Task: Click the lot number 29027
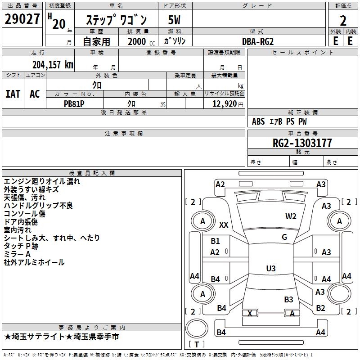(x=22, y=20)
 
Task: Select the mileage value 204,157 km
(x=53, y=64)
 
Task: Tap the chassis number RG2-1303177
(x=302, y=143)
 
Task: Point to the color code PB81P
(x=74, y=103)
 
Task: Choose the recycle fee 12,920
(x=224, y=103)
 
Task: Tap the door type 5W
(x=174, y=20)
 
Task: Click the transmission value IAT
(x=13, y=94)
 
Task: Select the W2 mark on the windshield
(x=291, y=216)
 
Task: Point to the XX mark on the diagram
(x=224, y=225)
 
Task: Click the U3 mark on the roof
(x=270, y=269)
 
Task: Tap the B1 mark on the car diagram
(x=216, y=241)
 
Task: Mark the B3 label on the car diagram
(x=288, y=299)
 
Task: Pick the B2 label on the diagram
(x=320, y=308)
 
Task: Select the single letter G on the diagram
(x=284, y=237)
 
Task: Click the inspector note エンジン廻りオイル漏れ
(x=42, y=181)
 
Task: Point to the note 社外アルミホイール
(x=34, y=262)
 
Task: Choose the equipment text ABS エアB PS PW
(x=279, y=121)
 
